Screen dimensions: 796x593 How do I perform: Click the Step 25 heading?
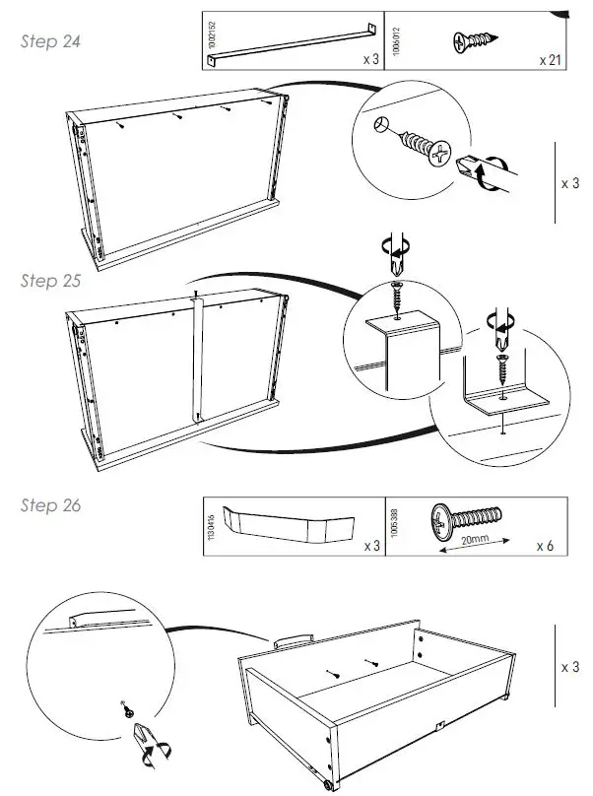coord(50,280)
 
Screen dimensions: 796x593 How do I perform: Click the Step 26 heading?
coord(50,505)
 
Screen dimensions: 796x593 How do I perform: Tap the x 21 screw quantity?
coord(550,60)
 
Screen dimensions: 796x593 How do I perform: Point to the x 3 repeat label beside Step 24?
coord(569,183)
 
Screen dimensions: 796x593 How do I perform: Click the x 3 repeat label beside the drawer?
coord(569,667)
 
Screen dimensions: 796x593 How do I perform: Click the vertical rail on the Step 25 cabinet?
coord(197,359)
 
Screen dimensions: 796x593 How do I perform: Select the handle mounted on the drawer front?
coord(292,639)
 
